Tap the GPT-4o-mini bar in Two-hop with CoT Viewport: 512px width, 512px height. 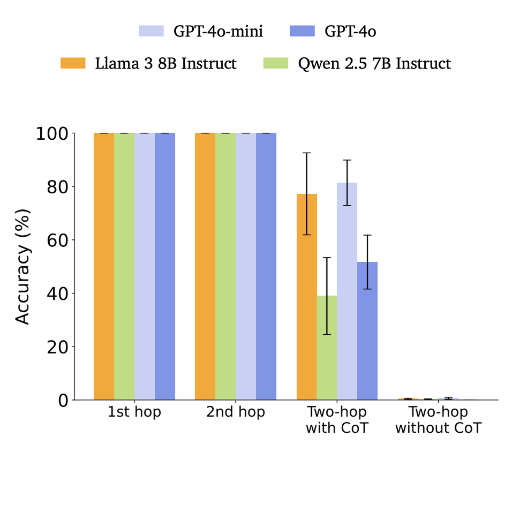click(347, 291)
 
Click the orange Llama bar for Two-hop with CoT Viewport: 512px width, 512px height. click(307, 297)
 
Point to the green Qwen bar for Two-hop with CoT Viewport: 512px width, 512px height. click(327, 348)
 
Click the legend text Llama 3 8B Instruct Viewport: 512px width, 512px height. click(165, 63)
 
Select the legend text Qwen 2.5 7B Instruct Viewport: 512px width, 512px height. click(374, 63)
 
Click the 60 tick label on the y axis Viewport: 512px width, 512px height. click(59, 240)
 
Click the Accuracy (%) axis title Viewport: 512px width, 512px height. click(22, 266)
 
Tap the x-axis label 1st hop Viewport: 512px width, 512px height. click(134, 413)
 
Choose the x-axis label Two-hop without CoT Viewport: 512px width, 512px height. click(438, 420)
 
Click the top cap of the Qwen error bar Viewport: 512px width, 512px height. click(327, 258)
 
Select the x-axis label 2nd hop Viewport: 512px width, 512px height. click(236, 413)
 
